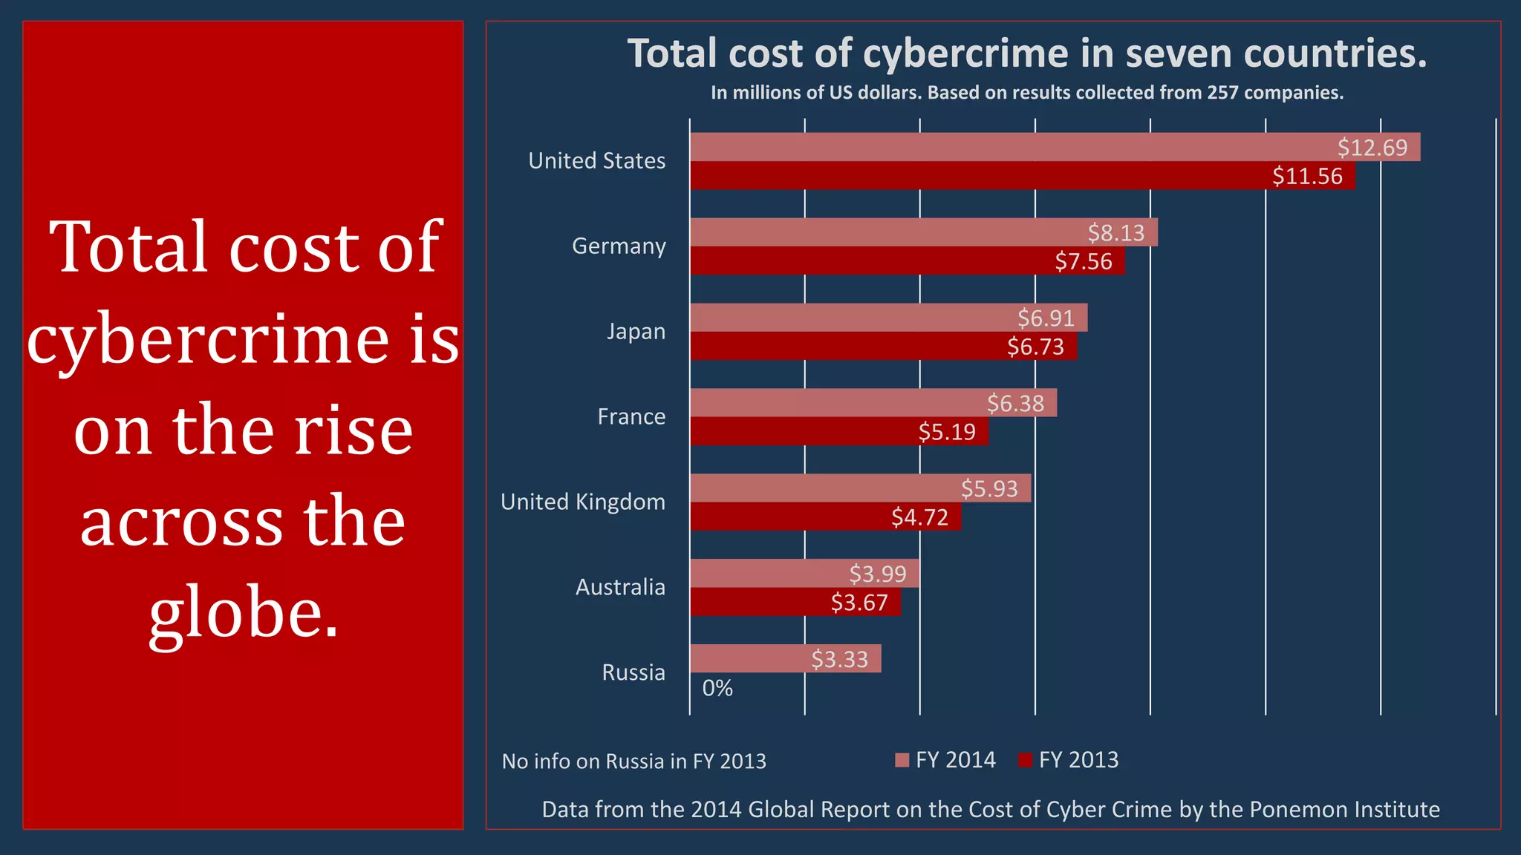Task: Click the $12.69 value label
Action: [1372, 148]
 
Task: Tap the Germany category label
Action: [619, 246]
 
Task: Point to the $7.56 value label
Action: [1084, 261]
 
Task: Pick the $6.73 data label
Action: [1035, 347]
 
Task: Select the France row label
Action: [631, 416]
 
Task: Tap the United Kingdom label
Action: [583, 502]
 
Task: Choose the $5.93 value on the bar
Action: [989, 488]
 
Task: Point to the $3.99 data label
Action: [878, 574]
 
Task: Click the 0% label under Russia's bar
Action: [717, 688]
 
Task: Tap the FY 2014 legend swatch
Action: [902, 760]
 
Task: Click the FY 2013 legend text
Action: [1078, 760]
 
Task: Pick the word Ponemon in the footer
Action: [1294, 809]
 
